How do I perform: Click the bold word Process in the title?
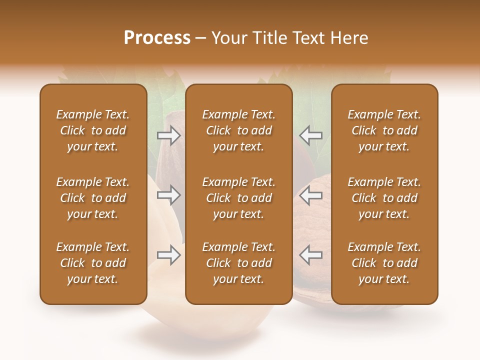pyautogui.click(x=157, y=38)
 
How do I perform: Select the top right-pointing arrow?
pyautogui.click(x=168, y=135)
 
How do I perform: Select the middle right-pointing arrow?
pyautogui.click(x=168, y=194)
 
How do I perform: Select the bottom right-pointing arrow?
pyautogui.click(x=168, y=255)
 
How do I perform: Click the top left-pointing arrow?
pyautogui.click(x=310, y=135)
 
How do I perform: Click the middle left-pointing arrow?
pyautogui.click(x=310, y=194)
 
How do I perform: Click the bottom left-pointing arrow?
pyautogui.click(x=310, y=255)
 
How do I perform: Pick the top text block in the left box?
pyautogui.click(x=93, y=130)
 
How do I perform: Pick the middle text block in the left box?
pyautogui.click(x=93, y=198)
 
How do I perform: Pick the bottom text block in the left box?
pyautogui.click(x=93, y=263)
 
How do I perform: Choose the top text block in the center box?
pyautogui.click(x=238, y=130)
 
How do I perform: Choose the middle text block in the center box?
pyautogui.click(x=238, y=198)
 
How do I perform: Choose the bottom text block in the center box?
pyautogui.click(x=238, y=263)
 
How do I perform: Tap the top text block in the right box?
pyautogui.click(x=384, y=130)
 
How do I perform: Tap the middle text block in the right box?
pyautogui.click(x=384, y=198)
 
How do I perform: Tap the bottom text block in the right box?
pyautogui.click(x=384, y=263)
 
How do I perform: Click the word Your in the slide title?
pyautogui.click(x=229, y=38)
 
